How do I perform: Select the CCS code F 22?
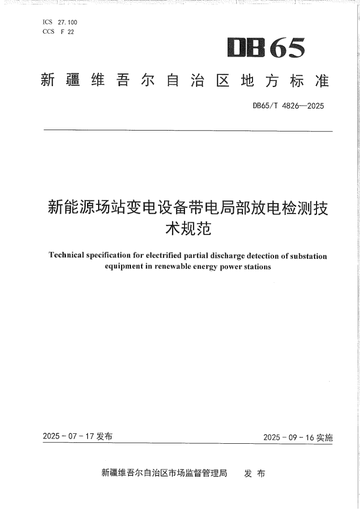tap(67, 31)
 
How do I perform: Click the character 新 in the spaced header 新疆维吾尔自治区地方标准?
tap(48, 81)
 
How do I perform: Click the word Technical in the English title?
tap(66, 256)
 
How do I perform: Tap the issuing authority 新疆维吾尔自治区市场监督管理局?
tap(164, 473)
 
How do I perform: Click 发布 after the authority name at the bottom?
tap(254, 474)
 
